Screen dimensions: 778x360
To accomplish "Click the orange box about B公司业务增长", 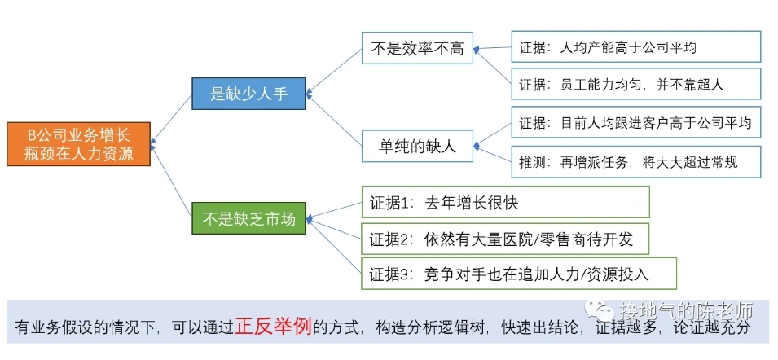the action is pyautogui.click(x=78, y=144).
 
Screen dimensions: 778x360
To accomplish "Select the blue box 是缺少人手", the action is pyautogui.click(x=249, y=93).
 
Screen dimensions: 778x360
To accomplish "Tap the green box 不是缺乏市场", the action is pyautogui.click(x=249, y=218).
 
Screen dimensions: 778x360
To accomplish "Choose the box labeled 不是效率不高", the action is pyautogui.click(x=417, y=48).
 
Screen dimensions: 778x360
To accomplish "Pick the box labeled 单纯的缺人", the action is pyautogui.click(x=417, y=146).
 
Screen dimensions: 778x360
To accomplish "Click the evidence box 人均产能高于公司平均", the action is pyautogui.click(x=636, y=46).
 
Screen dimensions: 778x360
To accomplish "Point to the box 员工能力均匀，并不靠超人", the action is pyautogui.click(x=636, y=84).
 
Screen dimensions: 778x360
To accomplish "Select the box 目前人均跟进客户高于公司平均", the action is pyautogui.click(x=636, y=122).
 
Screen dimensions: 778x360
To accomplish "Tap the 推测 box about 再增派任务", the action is pyautogui.click(x=636, y=161).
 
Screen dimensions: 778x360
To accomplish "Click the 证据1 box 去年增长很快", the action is pyautogui.click(x=506, y=202).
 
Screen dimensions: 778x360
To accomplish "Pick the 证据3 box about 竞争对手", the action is pyautogui.click(x=519, y=273).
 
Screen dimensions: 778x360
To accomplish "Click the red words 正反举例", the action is pyautogui.click(x=274, y=326).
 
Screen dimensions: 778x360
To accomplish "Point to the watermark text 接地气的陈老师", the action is pyautogui.click(x=687, y=311).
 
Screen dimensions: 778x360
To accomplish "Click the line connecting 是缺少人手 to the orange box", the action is pyautogui.click(x=171, y=117).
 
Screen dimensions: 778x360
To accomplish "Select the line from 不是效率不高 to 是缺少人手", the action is pyautogui.click(x=335, y=70).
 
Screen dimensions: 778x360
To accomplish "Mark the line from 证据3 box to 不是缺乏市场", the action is pyautogui.click(x=335, y=246).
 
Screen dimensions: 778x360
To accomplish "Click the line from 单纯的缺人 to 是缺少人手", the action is pyautogui.click(x=335, y=120).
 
